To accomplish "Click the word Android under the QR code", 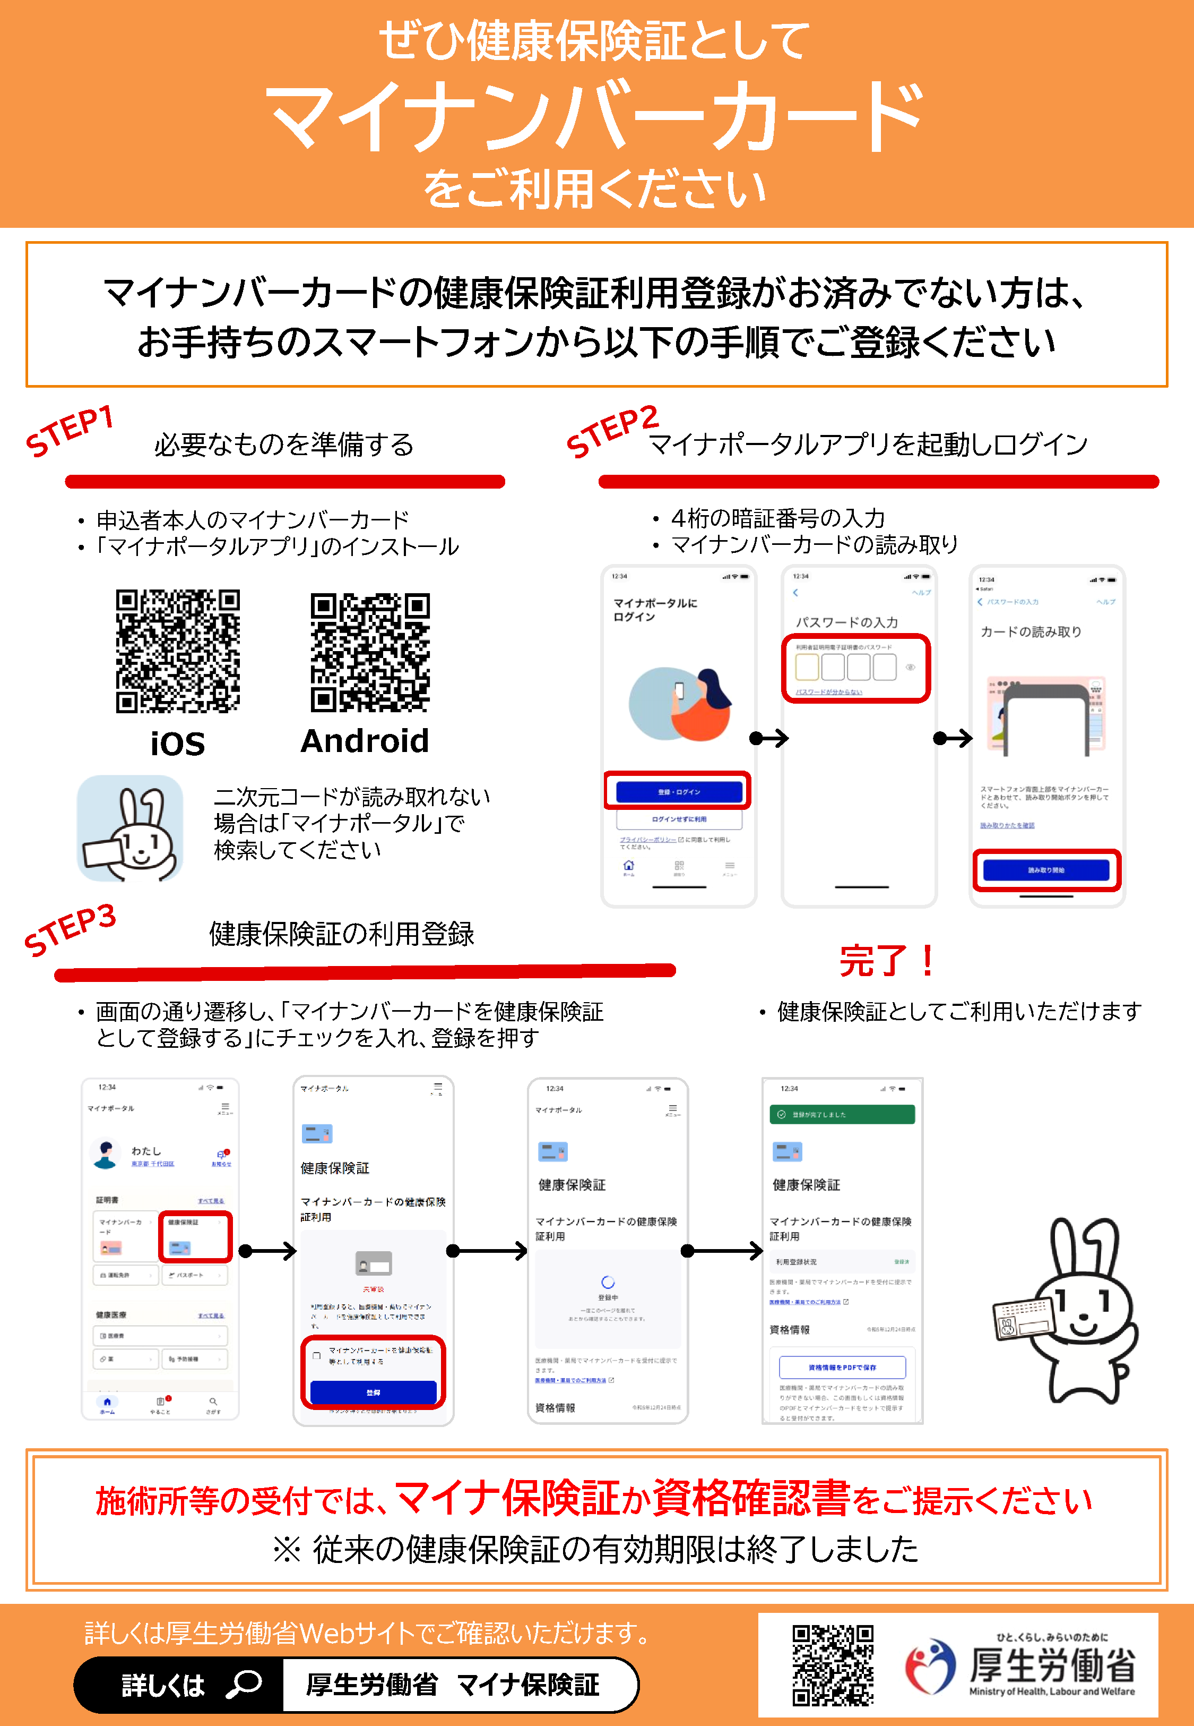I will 365,741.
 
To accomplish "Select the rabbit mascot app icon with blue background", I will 130,828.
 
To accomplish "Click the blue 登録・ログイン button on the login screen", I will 679,791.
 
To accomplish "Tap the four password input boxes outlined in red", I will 845,666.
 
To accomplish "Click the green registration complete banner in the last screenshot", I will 842,1114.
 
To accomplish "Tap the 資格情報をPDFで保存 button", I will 842,1367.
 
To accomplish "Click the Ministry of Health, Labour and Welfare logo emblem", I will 929,1666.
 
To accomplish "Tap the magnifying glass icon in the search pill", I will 244,1684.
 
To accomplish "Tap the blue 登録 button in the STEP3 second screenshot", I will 373,1392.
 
